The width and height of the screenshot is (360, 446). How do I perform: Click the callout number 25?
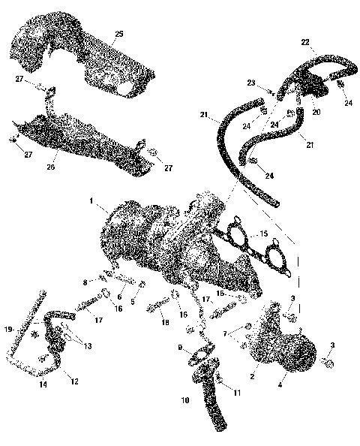[118, 33]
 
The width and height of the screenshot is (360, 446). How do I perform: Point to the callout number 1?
[91, 200]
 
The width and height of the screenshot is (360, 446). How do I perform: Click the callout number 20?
[316, 111]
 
